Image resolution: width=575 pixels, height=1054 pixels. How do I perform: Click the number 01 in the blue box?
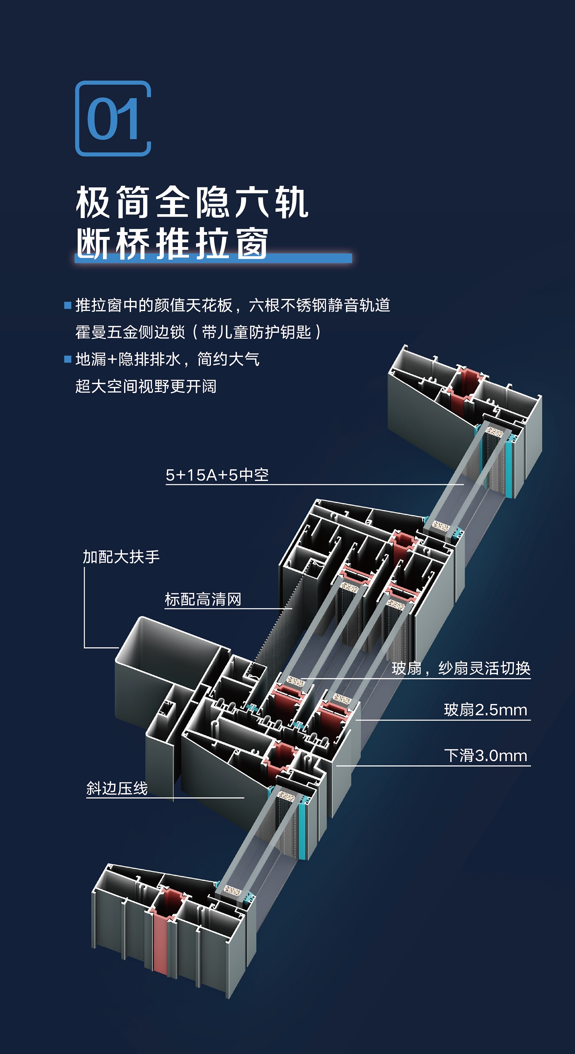113,119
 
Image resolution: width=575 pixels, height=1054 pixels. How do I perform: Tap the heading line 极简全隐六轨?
192,202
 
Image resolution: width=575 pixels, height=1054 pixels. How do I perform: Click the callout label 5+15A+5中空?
217,475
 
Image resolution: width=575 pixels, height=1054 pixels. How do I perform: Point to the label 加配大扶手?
121,557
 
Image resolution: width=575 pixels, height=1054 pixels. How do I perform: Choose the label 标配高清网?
203,599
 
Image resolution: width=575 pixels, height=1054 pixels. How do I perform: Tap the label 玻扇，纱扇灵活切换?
461,668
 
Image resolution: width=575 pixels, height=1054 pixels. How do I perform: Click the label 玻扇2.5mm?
486,710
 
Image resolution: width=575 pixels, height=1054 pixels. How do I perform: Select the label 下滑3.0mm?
486,756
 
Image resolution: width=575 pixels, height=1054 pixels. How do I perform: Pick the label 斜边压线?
117,788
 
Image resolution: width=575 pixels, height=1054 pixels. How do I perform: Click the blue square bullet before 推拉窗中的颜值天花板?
68,305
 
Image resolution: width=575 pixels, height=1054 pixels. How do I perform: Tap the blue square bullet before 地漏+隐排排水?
68,359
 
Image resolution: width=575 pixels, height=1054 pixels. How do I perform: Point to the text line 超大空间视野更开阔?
146,386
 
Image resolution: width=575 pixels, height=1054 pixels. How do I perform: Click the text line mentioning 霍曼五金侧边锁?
198,332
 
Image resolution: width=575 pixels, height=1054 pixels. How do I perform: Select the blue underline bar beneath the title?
213,258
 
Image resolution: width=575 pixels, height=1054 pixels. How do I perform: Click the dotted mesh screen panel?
275,622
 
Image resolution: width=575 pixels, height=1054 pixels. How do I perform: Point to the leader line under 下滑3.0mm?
433,766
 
